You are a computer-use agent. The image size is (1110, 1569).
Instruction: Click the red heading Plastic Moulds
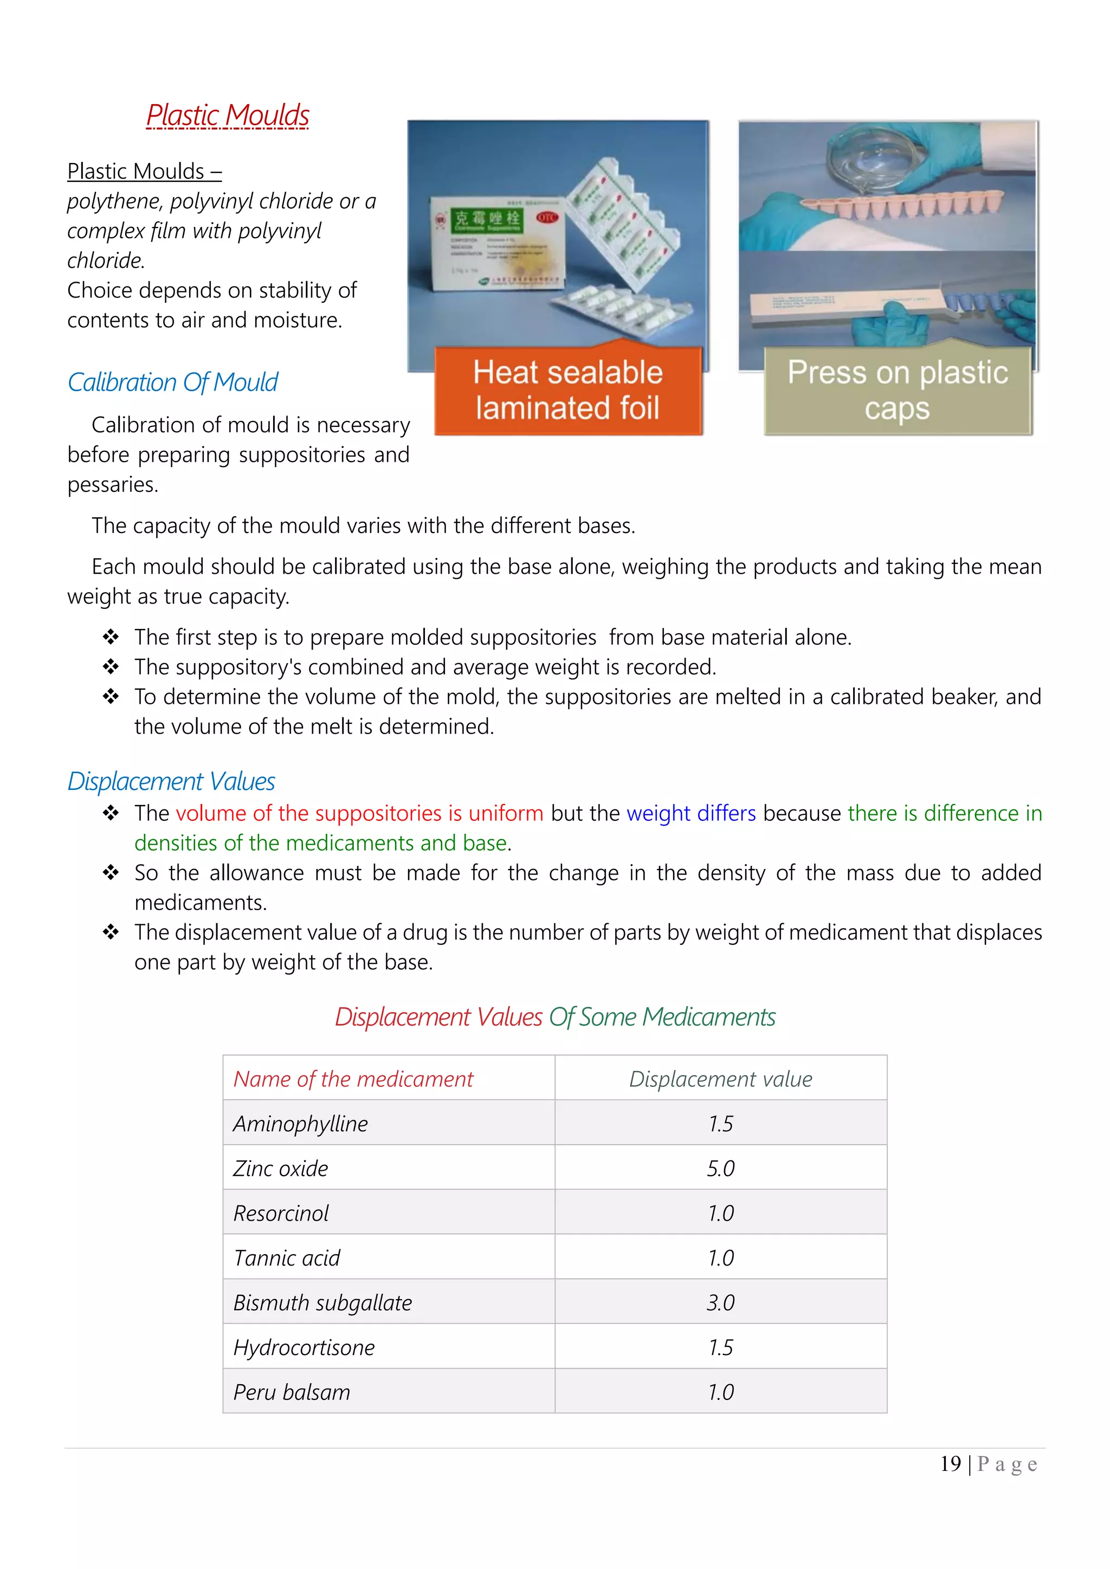coord(228,115)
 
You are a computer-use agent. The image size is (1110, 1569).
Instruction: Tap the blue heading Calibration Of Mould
coord(172,382)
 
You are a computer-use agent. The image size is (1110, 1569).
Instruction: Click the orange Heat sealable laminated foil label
coord(568,390)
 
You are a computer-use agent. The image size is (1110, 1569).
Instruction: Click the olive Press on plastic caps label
coord(898,390)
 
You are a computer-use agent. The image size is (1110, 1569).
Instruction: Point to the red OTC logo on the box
coord(547,217)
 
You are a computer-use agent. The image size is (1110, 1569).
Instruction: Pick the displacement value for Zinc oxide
coord(720,1169)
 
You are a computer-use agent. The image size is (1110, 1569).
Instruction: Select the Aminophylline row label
coord(301,1124)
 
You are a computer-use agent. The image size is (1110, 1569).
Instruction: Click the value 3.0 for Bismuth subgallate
coord(720,1302)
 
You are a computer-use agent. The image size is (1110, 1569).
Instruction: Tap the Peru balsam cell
coord(292,1392)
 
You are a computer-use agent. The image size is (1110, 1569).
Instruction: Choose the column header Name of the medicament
coord(353,1079)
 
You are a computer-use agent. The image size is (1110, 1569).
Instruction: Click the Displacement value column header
coord(720,1079)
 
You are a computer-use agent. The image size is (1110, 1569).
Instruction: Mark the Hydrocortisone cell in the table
coord(304,1347)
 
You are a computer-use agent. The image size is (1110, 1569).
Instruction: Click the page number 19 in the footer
coord(950,1464)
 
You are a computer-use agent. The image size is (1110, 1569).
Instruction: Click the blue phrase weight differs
coord(691,813)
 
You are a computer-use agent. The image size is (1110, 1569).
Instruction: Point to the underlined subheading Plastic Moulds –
coord(144,171)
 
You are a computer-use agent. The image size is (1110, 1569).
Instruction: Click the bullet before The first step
coord(111,637)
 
